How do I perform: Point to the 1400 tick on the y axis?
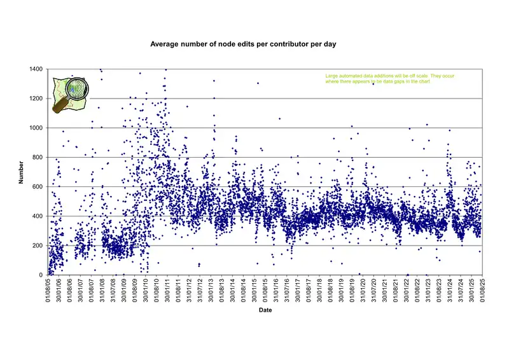tap(37, 69)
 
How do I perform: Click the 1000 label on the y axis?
tap(37, 128)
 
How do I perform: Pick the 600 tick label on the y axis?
tap(38, 187)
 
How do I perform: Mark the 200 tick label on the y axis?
tap(38, 246)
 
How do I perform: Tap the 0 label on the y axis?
tap(41, 275)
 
